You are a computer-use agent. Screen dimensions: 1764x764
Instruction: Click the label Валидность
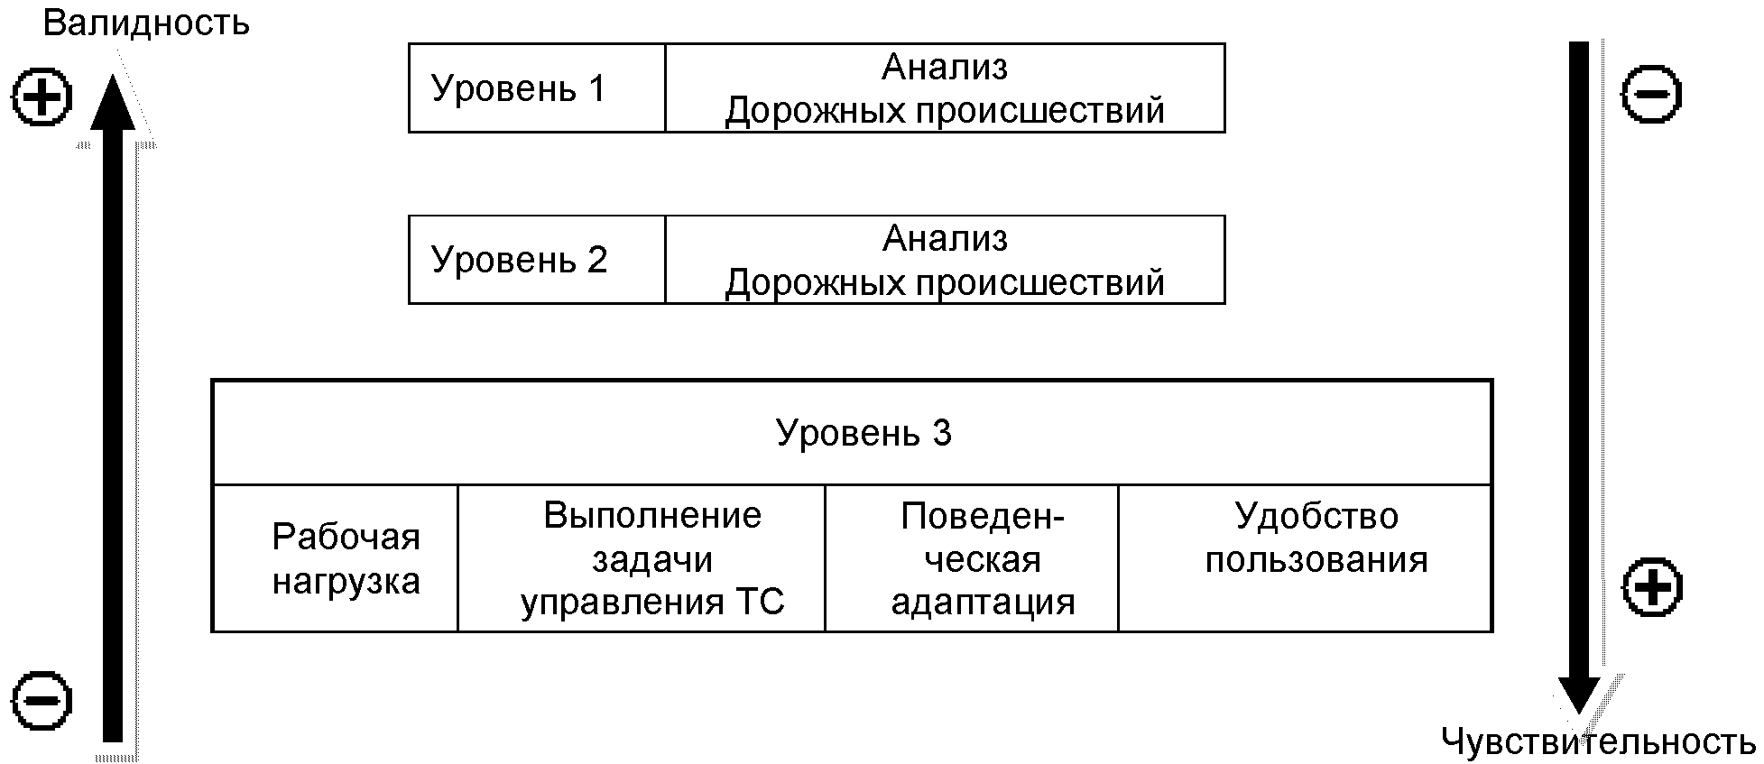146,23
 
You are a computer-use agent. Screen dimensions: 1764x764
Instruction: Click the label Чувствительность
1598,742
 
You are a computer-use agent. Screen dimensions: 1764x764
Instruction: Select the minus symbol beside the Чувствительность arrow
1651,94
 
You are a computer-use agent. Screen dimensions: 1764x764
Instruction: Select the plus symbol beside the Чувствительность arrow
1651,588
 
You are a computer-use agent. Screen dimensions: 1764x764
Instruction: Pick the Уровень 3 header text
864,434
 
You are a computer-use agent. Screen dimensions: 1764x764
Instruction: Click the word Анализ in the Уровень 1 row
945,67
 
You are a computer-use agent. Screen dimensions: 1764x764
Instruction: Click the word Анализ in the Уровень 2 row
945,238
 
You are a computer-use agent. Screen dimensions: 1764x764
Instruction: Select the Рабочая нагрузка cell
346,559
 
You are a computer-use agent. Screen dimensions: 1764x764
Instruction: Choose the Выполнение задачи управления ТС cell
652,559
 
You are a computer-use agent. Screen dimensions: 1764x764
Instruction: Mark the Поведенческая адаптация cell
983,559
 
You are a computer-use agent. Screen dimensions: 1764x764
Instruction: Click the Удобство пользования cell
1316,538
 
